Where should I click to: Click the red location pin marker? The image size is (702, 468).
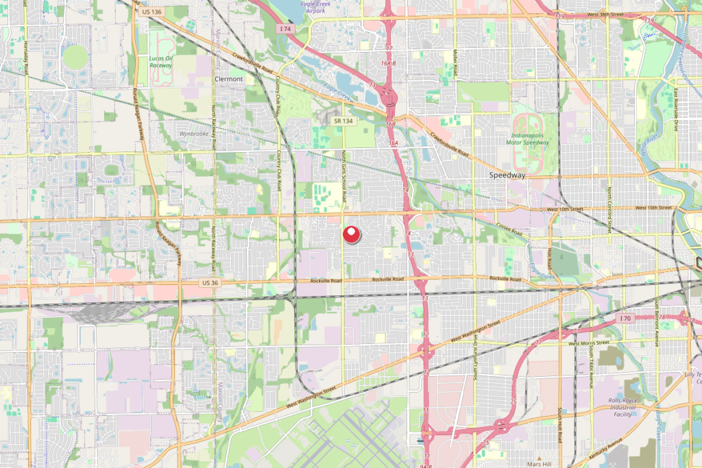[x=351, y=235]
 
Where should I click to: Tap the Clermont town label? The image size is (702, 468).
[x=229, y=79]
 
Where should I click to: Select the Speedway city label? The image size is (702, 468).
[x=507, y=175]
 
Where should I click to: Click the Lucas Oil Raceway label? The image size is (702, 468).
[x=161, y=62]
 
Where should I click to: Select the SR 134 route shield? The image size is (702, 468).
[x=343, y=121]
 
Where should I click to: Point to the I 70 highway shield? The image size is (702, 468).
[x=624, y=319]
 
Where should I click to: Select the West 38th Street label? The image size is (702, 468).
[x=606, y=14]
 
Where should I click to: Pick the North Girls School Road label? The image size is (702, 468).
[x=344, y=176]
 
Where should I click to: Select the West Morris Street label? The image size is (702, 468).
[x=588, y=343]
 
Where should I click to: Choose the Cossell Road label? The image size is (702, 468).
[x=510, y=232]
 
